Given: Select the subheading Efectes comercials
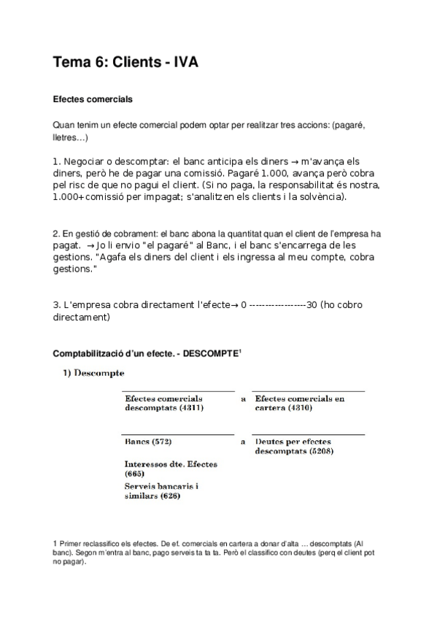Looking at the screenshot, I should point(93,99).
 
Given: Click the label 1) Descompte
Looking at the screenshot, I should point(93,374).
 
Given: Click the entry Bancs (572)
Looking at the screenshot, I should point(148,442).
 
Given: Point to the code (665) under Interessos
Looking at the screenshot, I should point(135,474).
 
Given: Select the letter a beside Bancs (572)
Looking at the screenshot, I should point(242,442).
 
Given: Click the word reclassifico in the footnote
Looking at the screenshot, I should point(100,545).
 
